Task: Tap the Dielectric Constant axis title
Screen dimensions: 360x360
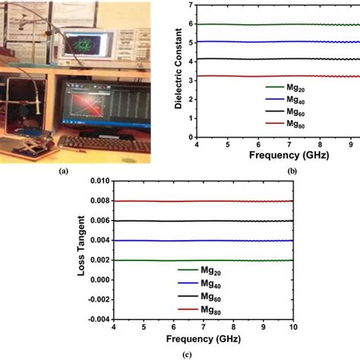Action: pyautogui.click(x=178, y=71)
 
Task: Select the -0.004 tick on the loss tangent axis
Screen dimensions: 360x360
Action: pyautogui.click(x=96, y=319)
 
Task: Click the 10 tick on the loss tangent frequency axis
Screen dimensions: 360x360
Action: pyautogui.click(x=355, y=327)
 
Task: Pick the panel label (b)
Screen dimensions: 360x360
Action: pyautogui.click(x=352, y=172)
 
